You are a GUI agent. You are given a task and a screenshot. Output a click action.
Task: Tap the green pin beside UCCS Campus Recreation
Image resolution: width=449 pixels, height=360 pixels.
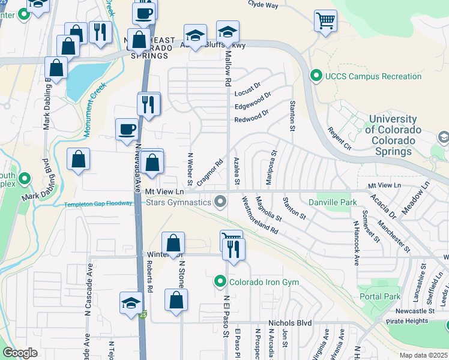click(315, 76)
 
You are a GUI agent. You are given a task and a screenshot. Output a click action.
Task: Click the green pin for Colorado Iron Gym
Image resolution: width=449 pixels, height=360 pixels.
click(220, 281)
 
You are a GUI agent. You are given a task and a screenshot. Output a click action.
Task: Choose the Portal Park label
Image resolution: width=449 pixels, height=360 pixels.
click(379, 296)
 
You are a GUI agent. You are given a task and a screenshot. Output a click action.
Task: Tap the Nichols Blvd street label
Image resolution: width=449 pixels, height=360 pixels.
click(290, 323)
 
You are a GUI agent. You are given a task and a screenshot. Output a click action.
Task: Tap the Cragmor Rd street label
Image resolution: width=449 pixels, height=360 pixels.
click(209, 170)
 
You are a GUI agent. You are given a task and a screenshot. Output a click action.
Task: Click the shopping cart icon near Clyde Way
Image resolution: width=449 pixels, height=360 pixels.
click(325, 22)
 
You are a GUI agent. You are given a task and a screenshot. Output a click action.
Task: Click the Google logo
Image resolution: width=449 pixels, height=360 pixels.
click(20, 353)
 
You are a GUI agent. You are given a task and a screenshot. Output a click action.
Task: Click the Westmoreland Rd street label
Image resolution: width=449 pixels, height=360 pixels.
click(259, 214)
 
